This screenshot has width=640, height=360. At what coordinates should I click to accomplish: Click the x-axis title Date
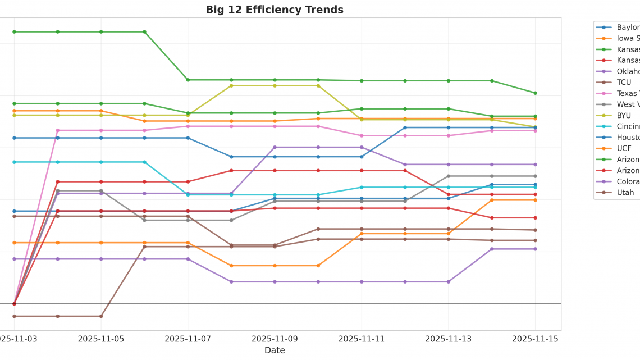[275, 350]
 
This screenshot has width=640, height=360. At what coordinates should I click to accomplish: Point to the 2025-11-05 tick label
[101, 339]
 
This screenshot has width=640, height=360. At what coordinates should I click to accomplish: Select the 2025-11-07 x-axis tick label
[188, 339]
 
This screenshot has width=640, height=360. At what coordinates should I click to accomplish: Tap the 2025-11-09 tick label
[275, 339]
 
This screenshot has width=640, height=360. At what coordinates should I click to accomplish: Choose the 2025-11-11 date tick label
[362, 339]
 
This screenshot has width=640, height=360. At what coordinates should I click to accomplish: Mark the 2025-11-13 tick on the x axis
[448, 339]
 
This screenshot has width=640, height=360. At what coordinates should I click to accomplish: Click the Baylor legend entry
[628, 27]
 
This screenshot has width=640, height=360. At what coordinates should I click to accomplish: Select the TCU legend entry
[624, 82]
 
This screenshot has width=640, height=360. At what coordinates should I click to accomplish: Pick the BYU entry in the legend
[624, 115]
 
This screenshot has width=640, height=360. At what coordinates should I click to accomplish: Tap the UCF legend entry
[624, 148]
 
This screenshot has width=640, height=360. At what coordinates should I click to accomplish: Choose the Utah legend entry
[625, 193]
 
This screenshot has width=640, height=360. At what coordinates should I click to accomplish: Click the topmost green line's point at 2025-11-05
[101, 32]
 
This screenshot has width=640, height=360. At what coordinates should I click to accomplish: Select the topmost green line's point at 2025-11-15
[535, 93]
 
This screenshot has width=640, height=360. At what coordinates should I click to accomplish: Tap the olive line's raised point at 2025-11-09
[275, 86]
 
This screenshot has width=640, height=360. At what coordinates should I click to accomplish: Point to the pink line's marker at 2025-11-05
[101, 130]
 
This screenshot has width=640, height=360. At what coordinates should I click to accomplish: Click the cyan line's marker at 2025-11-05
[101, 162]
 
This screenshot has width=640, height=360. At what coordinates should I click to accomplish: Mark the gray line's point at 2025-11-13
[448, 176]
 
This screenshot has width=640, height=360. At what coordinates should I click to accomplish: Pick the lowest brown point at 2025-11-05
[101, 316]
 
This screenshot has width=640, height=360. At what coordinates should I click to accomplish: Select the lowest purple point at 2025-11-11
[362, 282]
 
